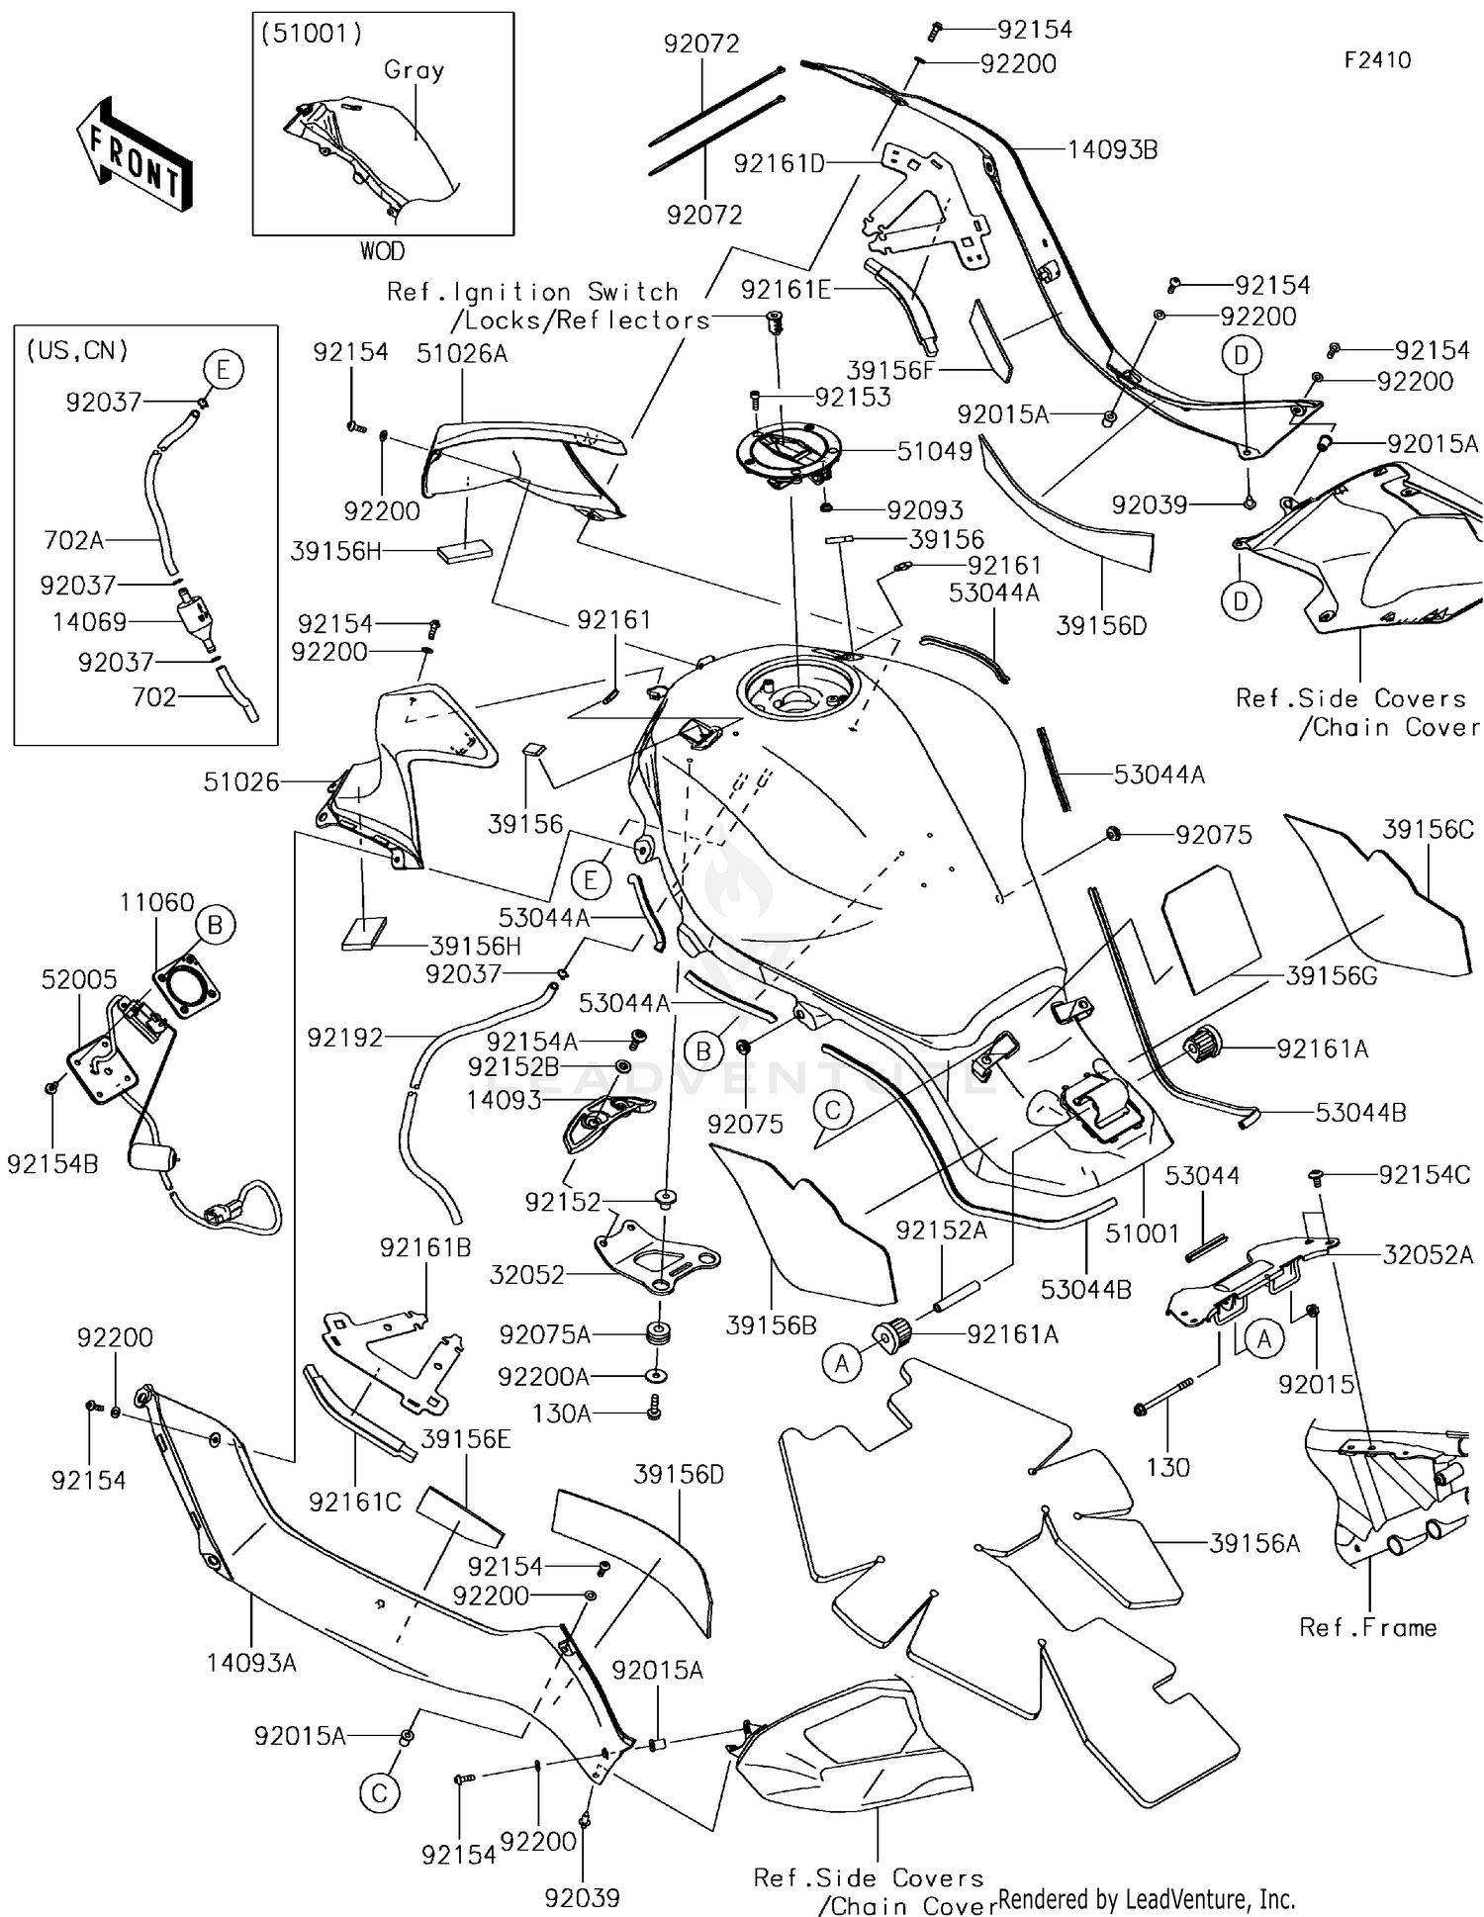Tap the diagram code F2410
coord(1376,60)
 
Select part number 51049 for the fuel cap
coord(934,452)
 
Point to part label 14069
coord(90,622)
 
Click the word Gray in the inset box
coord(414,70)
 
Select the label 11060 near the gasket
coord(156,902)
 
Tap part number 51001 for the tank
coord(1142,1233)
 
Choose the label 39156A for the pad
coord(1253,1543)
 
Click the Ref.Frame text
coord(1367,1628)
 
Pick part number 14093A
coord(251,1663)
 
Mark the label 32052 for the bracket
coord(526,1275)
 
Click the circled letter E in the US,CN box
coord(223,370)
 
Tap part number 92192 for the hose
coord(344,1038)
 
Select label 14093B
coord(1112,150)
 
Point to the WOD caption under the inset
coord(382,251)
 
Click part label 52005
coord(79,979)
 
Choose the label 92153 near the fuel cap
coord(853,397)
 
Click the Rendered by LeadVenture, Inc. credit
coord(1146,1898)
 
